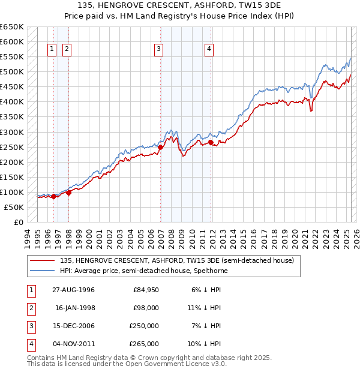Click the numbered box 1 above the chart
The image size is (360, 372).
(x=52, y=50)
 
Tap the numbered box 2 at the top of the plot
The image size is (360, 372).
(x=67, y=50)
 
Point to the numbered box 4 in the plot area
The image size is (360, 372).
(x=209, y=50)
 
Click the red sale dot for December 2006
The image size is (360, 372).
(x=160, y=147)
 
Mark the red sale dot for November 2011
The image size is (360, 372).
(x=210, y=142)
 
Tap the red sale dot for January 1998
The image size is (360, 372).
(x=68, y=193)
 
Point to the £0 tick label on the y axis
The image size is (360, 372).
(x=18, y=222)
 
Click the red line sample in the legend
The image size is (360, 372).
(x=43, y=261)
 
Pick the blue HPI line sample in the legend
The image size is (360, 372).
(x=43, y=271)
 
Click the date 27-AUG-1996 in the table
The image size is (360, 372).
(x=74, y=290)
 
